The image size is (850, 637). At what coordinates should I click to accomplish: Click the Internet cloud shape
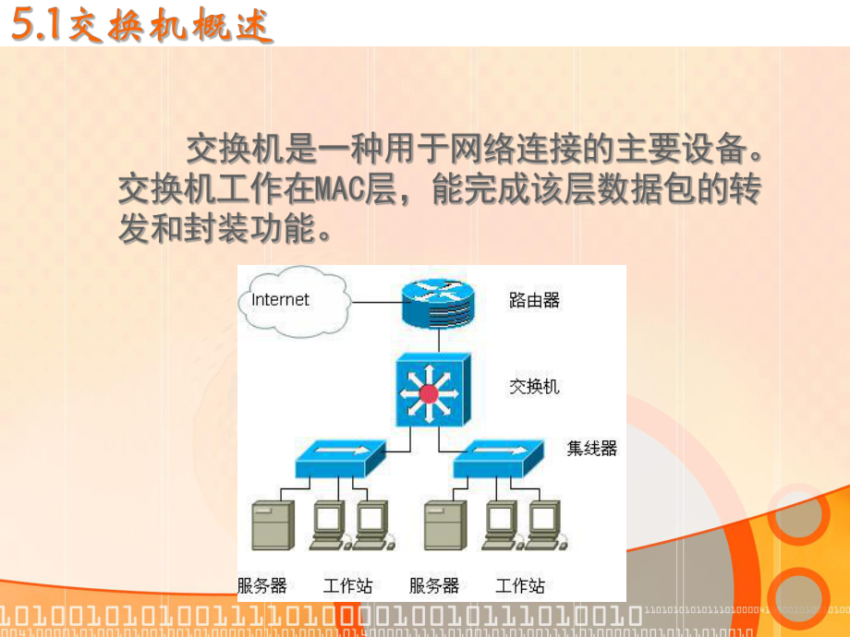(x=291, y=300)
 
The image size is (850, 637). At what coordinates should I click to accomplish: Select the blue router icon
(x=436, y=302)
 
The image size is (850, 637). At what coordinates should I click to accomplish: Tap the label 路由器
(x=534, y=300)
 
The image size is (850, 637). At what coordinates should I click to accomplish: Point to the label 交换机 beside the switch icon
(x=534, y=386)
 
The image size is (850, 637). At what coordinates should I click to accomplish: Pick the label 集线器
(x=591, y=449)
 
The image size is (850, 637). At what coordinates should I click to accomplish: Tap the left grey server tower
(x=273, y=525)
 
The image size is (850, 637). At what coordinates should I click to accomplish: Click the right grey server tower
(x=444, y=525)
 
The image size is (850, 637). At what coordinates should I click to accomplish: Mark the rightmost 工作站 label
(x=520, y=585)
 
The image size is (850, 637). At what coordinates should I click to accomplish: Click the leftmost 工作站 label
(x=348, y=585)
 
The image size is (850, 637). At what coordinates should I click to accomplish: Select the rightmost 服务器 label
(x=434, y=585)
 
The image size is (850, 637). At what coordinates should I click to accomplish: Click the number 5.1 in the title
(x=35, y=26)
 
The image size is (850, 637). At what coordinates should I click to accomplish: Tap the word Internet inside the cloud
(x=281, y=299)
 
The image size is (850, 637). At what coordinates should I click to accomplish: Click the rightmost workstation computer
(x=545, y=523)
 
